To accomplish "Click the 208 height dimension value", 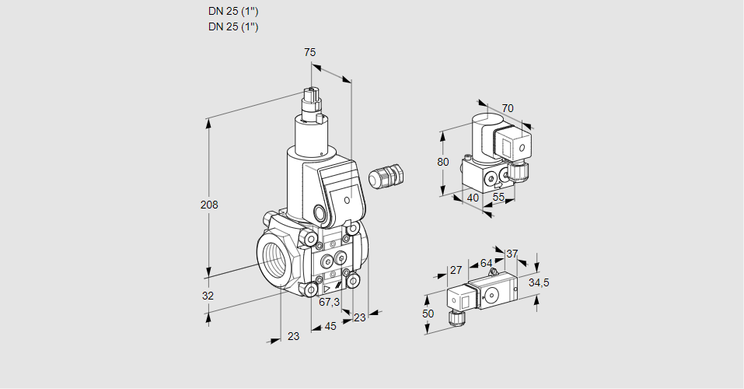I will [x=209, y=205].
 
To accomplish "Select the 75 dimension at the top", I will [x=309, y=52].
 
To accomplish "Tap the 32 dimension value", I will [x=208, y=296].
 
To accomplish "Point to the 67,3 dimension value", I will [x=330, y=302].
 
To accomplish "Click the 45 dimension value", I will [x=330, y=326].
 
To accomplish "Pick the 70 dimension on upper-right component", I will [x=508, y=108].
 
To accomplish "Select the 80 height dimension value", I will [x=443, y=162].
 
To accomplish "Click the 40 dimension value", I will [x=473, y=198].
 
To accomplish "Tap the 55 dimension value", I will [x=499, y=198].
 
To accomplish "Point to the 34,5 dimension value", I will [x=539, y=282].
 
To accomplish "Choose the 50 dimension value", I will [x=427, y=313].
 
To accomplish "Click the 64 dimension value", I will [x=486, y=264].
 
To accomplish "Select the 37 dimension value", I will [x=512, y=254].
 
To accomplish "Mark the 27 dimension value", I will [x=456, y=271].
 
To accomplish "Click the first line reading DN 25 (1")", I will [x=233, y=11].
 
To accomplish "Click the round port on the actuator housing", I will [x=320, y=212].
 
